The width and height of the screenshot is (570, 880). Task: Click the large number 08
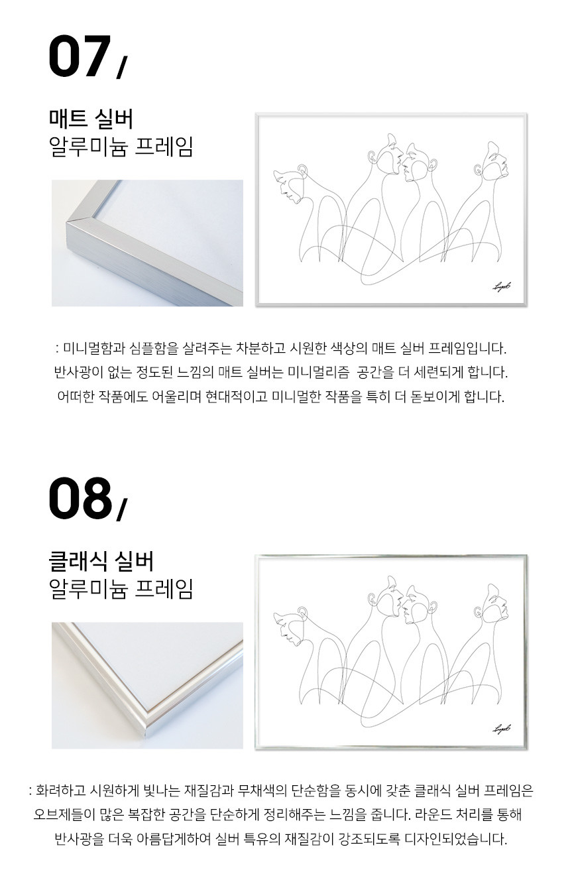[x=80, y=498]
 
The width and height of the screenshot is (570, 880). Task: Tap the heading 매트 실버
[x=91, y=119]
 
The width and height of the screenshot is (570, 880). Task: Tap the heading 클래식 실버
[x=101, y=561]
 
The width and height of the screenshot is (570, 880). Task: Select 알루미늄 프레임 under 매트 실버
[x=121, y=147]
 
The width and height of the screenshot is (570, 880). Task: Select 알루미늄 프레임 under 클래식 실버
[x=121, y=590]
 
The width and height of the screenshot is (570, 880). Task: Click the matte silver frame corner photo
[x=147, y=243]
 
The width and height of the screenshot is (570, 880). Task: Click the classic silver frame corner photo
[x=147, y=685]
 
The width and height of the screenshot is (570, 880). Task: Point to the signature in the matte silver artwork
[x=502, y=287]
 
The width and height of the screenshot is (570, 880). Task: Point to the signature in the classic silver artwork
[x=502, y=729]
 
